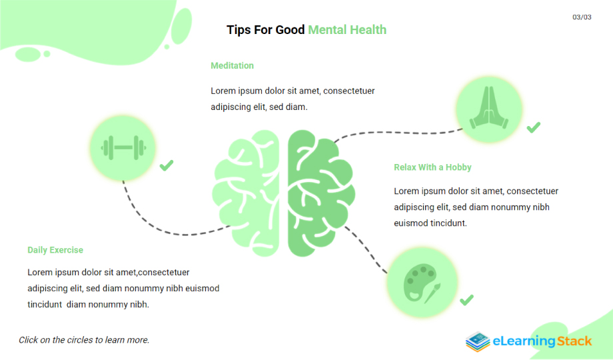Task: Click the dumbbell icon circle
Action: pyautogui.click(x=123, y=148)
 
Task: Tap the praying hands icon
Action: pyautogui.click(x=489, y=108)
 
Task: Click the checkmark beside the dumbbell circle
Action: pyautogui.click(x=167, y=165)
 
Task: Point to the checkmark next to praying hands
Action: pyautogui.click(x=534, y=127)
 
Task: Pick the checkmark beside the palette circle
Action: pyautogui.click(x=467, y=300)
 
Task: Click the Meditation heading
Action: pyautogui.click(x=233, y=66)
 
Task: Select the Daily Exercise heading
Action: pyautogui.click(x=55, y=250)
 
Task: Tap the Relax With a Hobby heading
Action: pyautogui.click(x=432, y=167)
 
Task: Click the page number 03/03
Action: pyautogui.click(x=582, y=17)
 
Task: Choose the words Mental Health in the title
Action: pyautogui.click(x=347, y=30)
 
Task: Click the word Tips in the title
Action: pyautogui.click(x=239, y=30)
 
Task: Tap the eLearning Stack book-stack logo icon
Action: pyautogui.click(x=478, y=341)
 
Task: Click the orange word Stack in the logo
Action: pyautogui.click(x=574, y=341)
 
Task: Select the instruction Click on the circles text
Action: pyautogui.click(x=84, y=340)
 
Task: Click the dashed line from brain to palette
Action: pyautogui.click(x=366, y=249)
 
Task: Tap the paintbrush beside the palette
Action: pyautogui.click(x=433, y=293)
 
